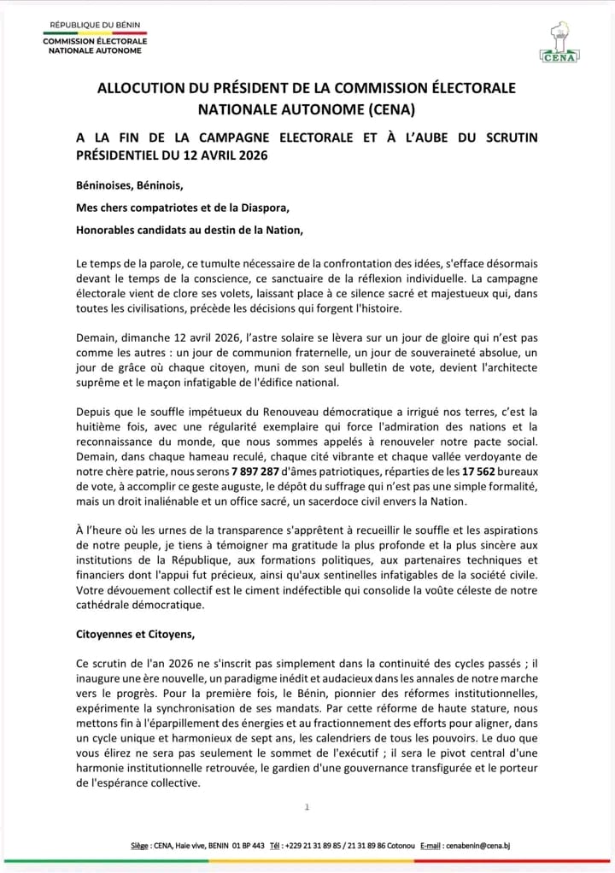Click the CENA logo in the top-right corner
(x=559, y=43)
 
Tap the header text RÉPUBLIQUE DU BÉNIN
(x=95, y=26)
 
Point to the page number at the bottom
(x=307, y=807)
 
